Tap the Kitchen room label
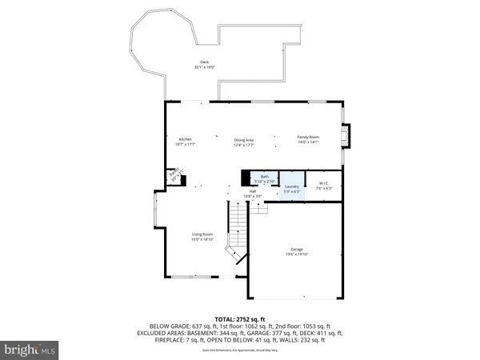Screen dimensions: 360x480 (x=185, y=139)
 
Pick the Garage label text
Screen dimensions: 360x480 (x=297, y=250)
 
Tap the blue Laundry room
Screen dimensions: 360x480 (x=291, y=188)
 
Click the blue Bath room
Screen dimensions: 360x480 (x=265, y=178)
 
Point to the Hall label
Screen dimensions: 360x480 (x=252, y=192)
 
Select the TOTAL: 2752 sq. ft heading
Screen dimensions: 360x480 (x=239, y=318)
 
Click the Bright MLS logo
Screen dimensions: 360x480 (x=30, y=350)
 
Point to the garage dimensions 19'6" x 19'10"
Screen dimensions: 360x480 (x=297, y=254)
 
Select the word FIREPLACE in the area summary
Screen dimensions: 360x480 (x=172, y=340)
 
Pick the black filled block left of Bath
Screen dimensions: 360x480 (x=246, y=178)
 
